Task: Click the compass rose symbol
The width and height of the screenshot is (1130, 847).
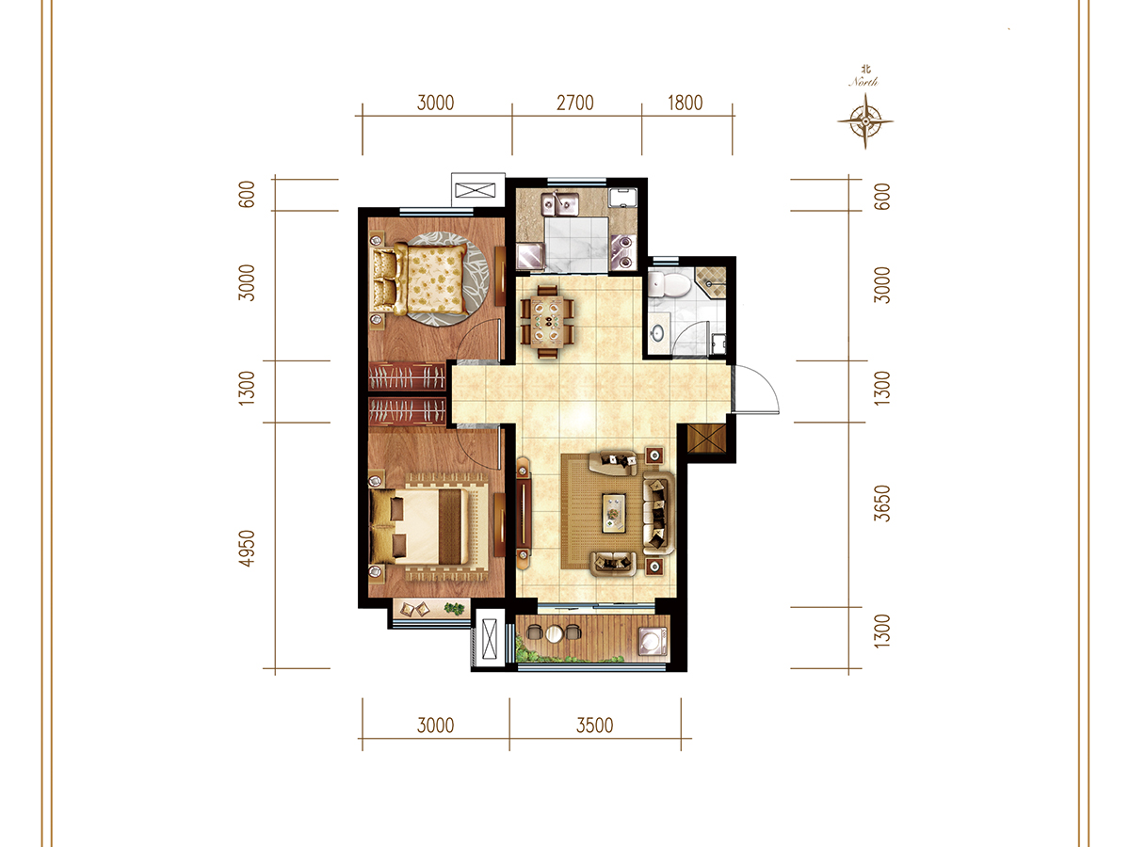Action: pyautogui.click(x=864, y=121)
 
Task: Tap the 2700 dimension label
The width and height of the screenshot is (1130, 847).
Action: pyautogui.click(x=574, y=103)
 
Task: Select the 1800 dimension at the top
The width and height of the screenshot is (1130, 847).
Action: pyautogui.click(x=685, y=103)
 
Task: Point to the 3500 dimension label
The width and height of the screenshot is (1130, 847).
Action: pyautogui.click(x=594, y=726)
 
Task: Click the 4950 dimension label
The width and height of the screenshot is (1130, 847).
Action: pyautogui.click(x=247, y=549)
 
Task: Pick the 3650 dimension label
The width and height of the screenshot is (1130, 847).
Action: pyautogui.click(x=881, y=503)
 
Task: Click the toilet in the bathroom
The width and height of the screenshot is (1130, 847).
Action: pyautogui.click(x=669, y=285)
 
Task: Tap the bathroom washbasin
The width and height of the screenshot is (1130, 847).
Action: pyautogui.click(x=657, y=333)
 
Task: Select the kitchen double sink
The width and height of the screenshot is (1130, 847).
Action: pyautogui.click(x=560, y=204)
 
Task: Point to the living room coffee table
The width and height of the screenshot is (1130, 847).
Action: pyautogui.click(x=614, y=513)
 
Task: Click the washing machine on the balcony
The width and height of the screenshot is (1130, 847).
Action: pyautogui.click(x=653, y=641)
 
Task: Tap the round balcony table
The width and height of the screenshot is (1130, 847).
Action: pyautogui.click(x=554, y=633)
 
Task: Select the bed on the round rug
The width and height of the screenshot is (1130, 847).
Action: pyautogui.click(x=421, y=279)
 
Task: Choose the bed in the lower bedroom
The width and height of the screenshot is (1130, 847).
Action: pyautogui.click(x=420, y=526)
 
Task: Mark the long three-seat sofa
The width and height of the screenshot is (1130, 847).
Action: pyautogui.click(x=658, y=513)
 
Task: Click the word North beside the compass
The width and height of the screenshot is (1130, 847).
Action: pyautogui.click(x=864, y=81)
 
